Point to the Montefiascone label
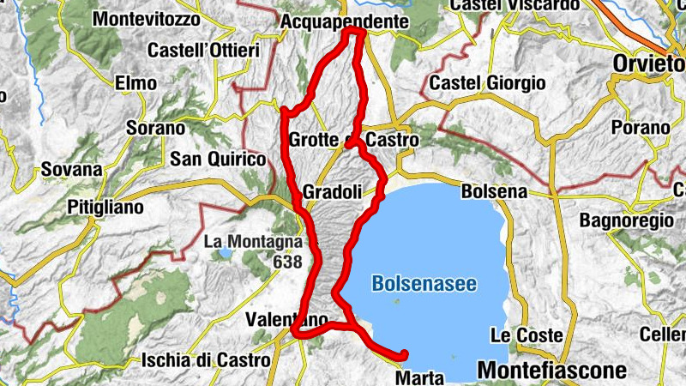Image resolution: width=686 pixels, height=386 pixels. [x=553, y=370]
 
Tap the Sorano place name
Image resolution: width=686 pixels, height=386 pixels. [x=154, y=129]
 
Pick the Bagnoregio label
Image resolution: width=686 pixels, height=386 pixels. [x=626, y=220]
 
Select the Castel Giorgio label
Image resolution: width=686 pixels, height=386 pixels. [x=488, y=83]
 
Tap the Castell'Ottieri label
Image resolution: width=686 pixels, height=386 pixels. [x=203, y=51]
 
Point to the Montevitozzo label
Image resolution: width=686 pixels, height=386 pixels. [x=146, y=18]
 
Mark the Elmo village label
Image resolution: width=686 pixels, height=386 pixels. [x=138, y=83]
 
